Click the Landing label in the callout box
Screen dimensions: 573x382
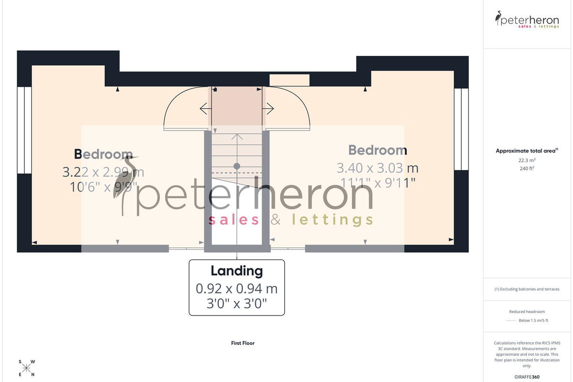click(x=237, y=271)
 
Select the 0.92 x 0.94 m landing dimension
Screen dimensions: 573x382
click(x=237, y=288)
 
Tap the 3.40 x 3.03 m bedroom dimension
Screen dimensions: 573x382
click(x=378, y=168)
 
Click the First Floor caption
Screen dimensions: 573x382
click(x=243, y=343)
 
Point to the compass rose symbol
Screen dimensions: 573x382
click(x=26, y=368)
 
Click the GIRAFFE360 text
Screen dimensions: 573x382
click(x=527, y=377)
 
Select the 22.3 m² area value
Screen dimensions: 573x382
click(x=527, y=160)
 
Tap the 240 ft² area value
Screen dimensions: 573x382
click(x=527, y=169)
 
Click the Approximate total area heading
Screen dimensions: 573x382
click(x=527, y=151)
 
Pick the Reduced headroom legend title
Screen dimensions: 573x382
click(x=527, y=312)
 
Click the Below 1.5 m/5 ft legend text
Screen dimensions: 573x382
click(x=533, y=320)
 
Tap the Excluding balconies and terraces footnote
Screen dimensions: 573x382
click(x=527, y=289)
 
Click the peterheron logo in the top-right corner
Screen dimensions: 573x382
click(x=527, y=20)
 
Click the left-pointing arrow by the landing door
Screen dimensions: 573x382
click(x=206, y=109)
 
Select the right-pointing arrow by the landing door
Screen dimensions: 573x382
click(x=268, y=108)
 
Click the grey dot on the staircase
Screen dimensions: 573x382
click(x=237, y=166)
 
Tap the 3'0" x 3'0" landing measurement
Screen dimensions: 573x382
click(x=237, y=304)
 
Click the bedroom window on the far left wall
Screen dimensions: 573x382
click(x=24, y=130)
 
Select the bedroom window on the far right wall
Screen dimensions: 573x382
click(x=461, y=129)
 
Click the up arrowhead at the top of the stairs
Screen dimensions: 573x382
click(x=237, y=137)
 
